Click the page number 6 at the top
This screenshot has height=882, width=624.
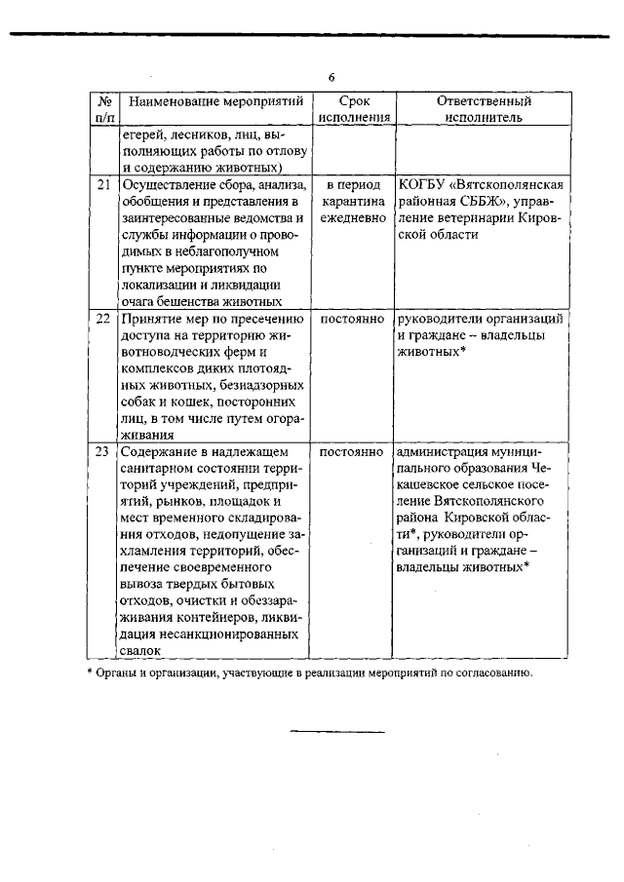pos(331,77)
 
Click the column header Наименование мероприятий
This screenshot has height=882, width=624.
pos(215,101)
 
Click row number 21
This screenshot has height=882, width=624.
pos(104,183)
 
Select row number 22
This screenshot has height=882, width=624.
pos(104,319)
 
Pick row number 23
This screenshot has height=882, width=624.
pos(104,452)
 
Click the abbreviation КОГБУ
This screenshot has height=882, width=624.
pos(423,183)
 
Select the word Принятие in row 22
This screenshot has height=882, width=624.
pos(151,319)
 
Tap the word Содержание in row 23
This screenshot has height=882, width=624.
pos(160,452)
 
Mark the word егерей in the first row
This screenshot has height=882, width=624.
pos(142,134)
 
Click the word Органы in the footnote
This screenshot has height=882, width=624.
pos(118,672)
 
